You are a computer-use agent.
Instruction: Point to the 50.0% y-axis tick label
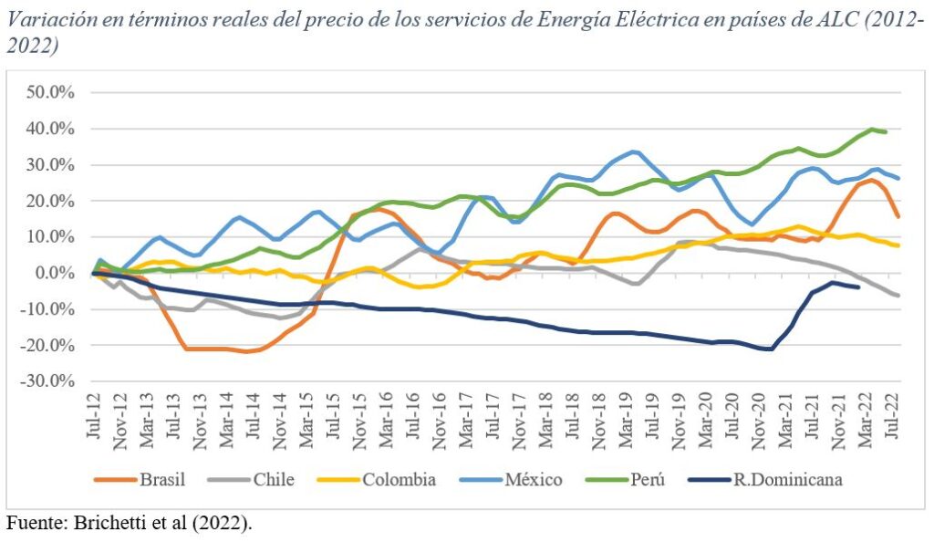point(51,93)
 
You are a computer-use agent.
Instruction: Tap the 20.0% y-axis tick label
point(51,201)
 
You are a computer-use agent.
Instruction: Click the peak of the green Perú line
point(872,129)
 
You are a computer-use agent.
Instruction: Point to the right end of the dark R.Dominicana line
point(857,287)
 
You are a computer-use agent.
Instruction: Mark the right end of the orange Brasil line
point(899,216)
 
